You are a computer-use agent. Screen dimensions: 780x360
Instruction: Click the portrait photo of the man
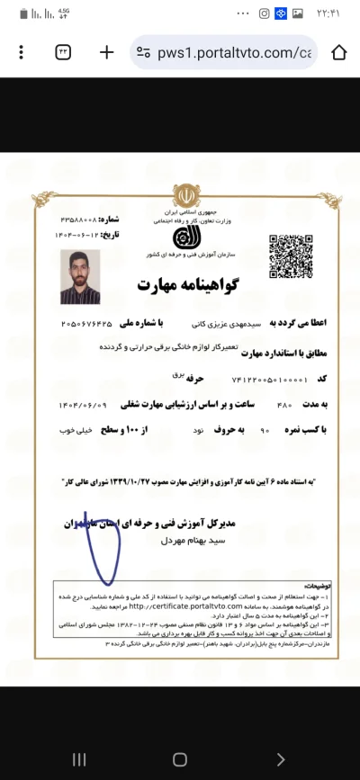click(x=79, y=277)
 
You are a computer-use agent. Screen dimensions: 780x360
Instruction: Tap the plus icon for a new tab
click(x=106, y=52)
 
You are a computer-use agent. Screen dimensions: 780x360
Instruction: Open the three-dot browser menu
click(x=21, y=52)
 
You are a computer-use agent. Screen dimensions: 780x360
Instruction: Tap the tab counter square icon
click(x=64, y=52)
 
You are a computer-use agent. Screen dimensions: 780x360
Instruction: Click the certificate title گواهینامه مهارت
click(x=178, y=286)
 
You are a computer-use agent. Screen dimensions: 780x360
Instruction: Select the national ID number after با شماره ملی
click(x=92, y=322)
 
